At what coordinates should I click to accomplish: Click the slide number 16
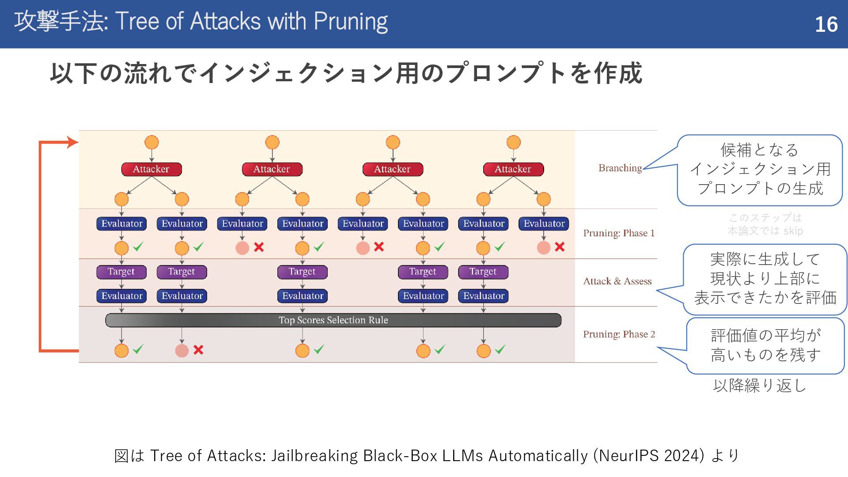tap(826, 24)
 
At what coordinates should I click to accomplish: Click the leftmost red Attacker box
tap(151, 169)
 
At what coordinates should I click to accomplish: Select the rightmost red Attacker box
tap(513, 169)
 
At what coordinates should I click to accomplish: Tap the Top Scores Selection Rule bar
tap(333, 320)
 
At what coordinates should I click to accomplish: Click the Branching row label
tap(620, 168)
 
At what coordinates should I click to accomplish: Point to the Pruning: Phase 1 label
tap(619, 233)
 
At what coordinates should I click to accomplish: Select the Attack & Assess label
tap(617, 281)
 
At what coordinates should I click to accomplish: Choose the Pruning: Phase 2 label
tap(619, 334)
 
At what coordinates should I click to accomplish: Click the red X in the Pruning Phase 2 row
tap(198, 350)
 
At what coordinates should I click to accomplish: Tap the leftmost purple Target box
tap(121, 272)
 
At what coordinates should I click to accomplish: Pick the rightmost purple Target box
tap(483, 272)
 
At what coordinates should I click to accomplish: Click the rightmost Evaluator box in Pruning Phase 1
tap(544, 224)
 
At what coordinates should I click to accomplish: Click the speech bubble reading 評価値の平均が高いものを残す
tap(765, 345)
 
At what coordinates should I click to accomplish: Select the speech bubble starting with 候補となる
tap(760, 170)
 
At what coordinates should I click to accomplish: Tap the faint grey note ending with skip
tap(765, 224)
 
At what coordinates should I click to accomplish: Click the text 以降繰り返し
tap(760, 386)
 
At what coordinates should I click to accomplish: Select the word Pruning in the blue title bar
tap(350, 22)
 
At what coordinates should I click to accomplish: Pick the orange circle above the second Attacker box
tap(272, 143)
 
